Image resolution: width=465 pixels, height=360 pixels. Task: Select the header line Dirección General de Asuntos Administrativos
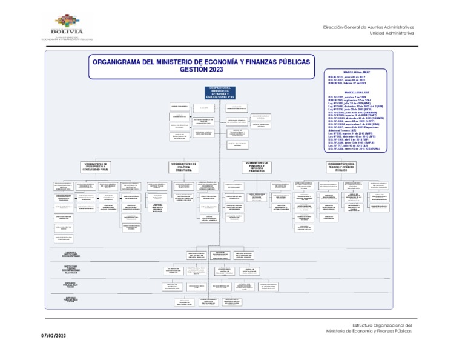pos(369,28)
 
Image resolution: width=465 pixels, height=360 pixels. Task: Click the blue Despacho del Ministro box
pos(221,93)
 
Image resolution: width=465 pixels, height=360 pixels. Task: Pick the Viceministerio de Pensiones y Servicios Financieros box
pos(257,166)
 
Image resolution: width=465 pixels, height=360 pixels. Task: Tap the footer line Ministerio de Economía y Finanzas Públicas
pos(369,332)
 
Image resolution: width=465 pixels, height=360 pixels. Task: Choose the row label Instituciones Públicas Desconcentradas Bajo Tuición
pos(71,268)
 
